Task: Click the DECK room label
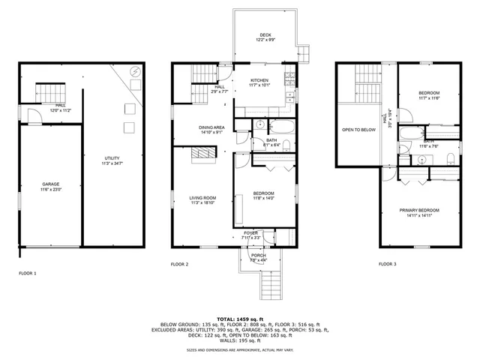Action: tap(265, 35)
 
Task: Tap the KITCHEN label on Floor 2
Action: tap(259, 80)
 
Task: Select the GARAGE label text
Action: tap(50, 184)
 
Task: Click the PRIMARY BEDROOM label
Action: tap(424, 210)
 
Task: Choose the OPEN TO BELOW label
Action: tap(358, 130)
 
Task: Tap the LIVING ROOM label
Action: tap(202, 197)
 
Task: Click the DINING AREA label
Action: tap(211, 127)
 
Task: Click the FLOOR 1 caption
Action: tap(27, 273)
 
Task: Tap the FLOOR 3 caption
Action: tap(386, 264)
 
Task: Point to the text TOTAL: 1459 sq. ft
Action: tap(240, 319)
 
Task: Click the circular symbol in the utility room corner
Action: tap(134, 72)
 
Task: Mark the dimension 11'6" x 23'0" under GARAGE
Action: tap(50, 190)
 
